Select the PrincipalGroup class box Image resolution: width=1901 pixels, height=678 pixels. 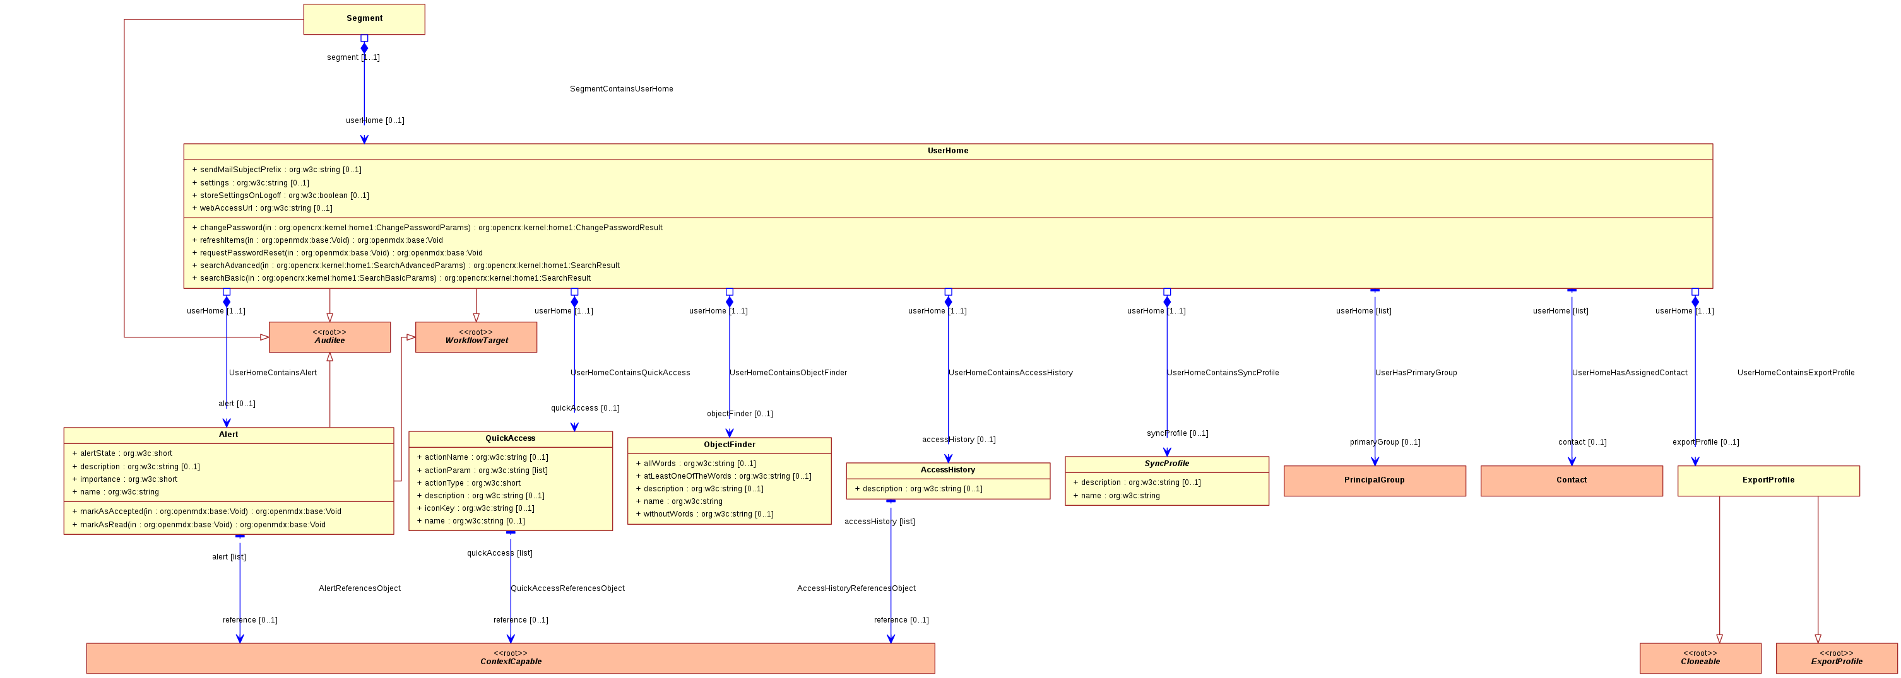(1374, 481)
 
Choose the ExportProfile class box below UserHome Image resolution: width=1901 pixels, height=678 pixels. (1768, 481)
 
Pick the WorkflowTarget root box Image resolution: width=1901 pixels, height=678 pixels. (476, 337)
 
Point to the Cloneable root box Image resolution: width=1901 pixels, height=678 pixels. (1700, 658)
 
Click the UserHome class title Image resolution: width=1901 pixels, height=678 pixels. (947, 151)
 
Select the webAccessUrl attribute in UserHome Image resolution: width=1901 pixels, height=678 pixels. (262, 208)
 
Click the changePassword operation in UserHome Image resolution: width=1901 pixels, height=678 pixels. (427, 227)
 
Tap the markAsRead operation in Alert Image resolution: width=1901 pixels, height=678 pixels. (199, 525)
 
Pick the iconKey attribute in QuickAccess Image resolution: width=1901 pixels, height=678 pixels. (475, 508)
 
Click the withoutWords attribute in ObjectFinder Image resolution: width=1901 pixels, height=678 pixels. (705, 514)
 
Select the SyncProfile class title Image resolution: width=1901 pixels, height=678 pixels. (1167, 464)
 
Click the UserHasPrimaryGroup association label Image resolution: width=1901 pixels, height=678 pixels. (1416, 373)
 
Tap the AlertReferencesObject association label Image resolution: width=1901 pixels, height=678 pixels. (359, 588)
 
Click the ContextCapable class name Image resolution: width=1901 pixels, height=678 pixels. (511, 662)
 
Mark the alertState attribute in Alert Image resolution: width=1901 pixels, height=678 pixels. (122, 453)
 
